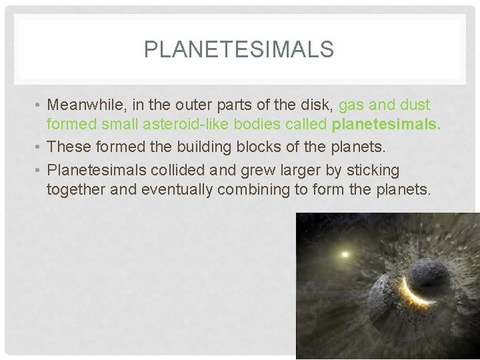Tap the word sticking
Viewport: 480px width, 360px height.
pos(373,171)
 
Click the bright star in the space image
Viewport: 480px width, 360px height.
pos(345,254)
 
